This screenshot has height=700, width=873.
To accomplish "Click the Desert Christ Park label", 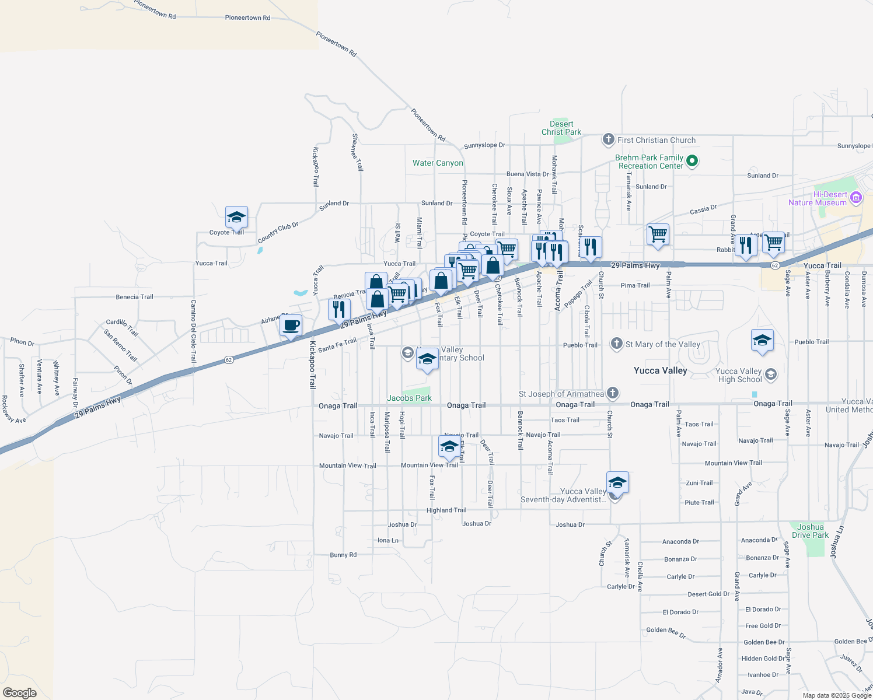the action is pyautogui.click(x=561, y=128).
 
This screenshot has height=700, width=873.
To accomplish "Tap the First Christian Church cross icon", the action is pyautogui.click(x=608, y=139).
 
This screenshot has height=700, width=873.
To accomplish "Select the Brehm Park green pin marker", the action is pyautogui.click(x=692, y=160).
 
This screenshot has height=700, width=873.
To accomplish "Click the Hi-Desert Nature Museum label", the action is pyautogui.click(x=817, y=198).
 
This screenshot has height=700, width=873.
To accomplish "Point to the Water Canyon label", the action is pyautogui.click(x=438, y=163).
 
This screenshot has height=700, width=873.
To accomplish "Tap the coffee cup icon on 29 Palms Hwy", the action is pyautogui.click(x=291, y=325).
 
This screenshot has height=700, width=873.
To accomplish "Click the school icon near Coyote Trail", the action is pyautogui.click(x=236, y=218).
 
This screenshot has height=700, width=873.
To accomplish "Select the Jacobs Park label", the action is pyautogui.click(x=409, y=398).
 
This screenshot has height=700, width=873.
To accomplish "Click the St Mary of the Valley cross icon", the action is pyautogui.click(x=616, y=344).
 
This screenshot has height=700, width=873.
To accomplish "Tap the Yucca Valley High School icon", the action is pyautogui.click(x=770, y=374).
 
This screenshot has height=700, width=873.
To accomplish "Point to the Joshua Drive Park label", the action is pyautogui.click(x=810, y=531).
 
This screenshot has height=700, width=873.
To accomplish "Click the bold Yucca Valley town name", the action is pyautogui.click(x=660, y=370).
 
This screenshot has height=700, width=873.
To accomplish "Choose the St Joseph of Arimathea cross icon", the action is pyautogui.click(x=612, y=393).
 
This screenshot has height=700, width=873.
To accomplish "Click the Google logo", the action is pyautogui.click(x=20, y=692).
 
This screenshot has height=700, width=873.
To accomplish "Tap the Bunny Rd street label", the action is pyautogui.click(x=343, y=555).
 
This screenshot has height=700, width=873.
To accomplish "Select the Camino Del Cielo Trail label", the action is pyautogui.click(x=194, y=331).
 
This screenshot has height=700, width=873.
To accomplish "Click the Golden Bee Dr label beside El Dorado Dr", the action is pyautogui.click(x=666, y=632).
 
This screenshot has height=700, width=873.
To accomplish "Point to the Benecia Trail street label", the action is pyautogui.click(x=134, y=297).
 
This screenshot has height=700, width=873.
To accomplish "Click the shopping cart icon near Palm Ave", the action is pyautogui.click(x=658, y=235).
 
